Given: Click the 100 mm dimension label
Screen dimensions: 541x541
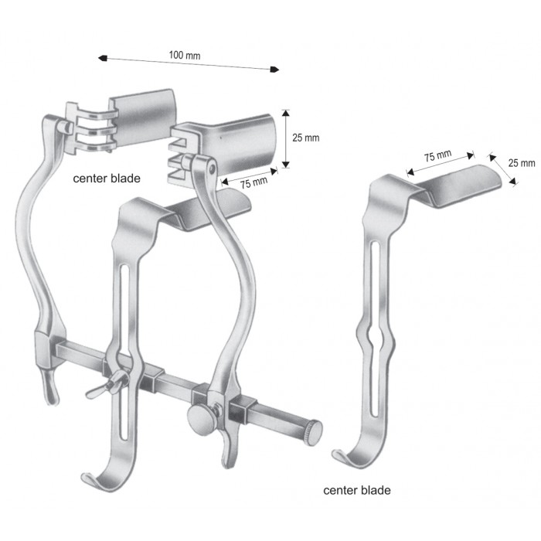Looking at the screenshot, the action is tap(185, 55).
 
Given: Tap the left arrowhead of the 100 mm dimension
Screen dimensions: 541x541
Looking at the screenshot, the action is tap(103, 58).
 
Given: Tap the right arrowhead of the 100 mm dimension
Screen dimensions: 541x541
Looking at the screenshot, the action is tap(274, 70).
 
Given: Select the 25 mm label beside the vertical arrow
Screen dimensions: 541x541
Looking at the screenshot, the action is tap(306, 138).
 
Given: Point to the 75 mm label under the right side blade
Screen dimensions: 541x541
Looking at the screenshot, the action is tap(254, 182).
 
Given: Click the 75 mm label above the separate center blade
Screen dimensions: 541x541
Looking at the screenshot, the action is tap(438, 156).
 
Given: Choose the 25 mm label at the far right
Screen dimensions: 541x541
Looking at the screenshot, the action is tap(522, 163).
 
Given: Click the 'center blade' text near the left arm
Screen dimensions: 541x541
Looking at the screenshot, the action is tap(107, 179).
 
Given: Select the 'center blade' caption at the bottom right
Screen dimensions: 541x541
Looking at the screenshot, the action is tap(357, 490).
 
